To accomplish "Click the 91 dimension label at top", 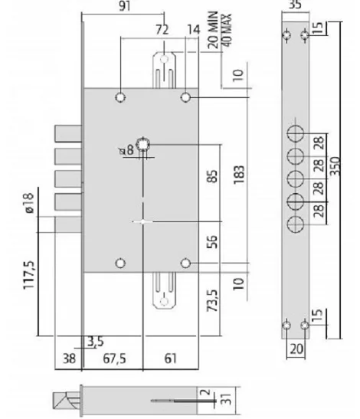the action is [125, 5].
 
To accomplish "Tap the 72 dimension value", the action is [162, 29].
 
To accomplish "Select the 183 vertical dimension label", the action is [239, 175].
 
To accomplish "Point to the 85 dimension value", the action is [212, 176].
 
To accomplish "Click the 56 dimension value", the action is [212, 242].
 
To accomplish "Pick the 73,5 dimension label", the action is [212, 300].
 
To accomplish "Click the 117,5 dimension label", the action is [29, 275].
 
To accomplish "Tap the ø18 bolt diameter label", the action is [29, 202].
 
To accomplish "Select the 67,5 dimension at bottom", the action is [114, 358].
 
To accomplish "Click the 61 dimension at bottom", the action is [171, 358].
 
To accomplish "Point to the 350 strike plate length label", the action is [335, 166].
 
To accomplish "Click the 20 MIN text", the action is [213, 30].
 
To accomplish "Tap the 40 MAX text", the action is [227, 30].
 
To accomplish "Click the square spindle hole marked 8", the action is [143, 145].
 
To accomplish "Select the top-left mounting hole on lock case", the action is [120, 97].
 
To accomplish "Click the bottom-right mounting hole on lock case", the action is [185, 264].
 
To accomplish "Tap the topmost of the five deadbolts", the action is [68, 133].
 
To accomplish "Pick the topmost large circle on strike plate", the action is [296, 133].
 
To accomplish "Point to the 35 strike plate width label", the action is [296, 4].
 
